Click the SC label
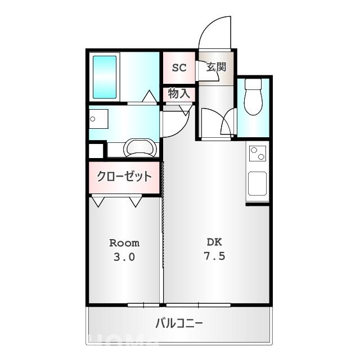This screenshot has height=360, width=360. point(179,67)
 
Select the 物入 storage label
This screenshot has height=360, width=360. point(179,94)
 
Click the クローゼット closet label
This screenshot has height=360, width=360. point(124,177)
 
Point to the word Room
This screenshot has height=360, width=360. point(124,243)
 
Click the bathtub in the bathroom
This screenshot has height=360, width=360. point(104,77)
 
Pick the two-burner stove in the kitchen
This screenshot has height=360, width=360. point(258,154)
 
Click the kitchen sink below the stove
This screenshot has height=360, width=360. point(258,183)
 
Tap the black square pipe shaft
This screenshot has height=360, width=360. point(96,151)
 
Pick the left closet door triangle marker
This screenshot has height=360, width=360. point(98,201)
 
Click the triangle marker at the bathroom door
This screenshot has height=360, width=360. point(149,97)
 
